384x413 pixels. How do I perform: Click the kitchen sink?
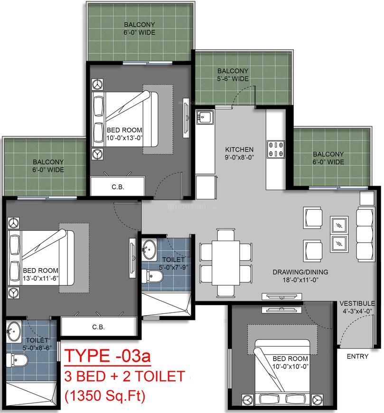[x=205, y=117]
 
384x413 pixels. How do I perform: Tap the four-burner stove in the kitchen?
[x=275, y=150]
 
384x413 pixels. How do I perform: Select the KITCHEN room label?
[x=239, y=150]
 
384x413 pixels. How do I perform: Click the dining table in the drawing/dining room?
[x=226, y=263]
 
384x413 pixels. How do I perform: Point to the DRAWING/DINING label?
[x=300, y=272]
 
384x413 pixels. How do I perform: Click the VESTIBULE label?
[x=357, y=303]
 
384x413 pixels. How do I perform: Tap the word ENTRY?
[x=357, y=357]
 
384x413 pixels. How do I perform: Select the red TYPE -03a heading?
[x=107, y=356]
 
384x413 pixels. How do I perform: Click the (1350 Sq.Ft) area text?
[x=105, y=396]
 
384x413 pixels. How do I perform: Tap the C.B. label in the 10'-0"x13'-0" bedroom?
[x=117, y=187]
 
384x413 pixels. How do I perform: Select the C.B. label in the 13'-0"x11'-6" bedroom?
[x=98, y=327]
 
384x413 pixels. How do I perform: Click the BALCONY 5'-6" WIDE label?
[x=233, y=75]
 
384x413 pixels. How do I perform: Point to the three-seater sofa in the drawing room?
[x=365, y=235]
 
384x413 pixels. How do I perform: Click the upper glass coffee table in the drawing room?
[x=339, y=225]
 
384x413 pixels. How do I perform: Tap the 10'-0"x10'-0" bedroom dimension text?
[x=290, y=366]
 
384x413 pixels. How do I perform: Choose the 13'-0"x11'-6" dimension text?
[x=40, y=278]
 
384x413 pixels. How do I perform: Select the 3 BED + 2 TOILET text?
[x=124, y=376]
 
